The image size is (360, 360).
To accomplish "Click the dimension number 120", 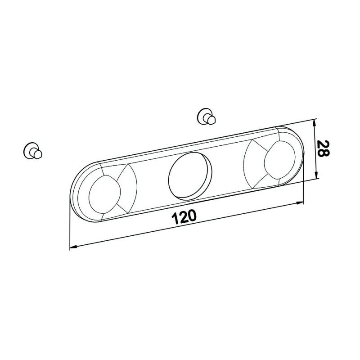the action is [x=184, y=216].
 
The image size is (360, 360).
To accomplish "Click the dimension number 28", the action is [x=323, y=148].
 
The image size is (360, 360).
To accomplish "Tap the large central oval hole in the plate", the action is [x=190, y=176].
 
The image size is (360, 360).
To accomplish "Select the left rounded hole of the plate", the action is [x=104, y=194].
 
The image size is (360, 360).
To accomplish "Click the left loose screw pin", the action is [x=32, y=151].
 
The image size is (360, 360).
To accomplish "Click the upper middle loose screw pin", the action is [x=206, y=117].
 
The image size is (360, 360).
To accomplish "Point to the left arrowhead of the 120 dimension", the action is [x=73, y=247].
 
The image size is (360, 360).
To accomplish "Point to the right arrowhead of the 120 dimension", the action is [x=300, y=203].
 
